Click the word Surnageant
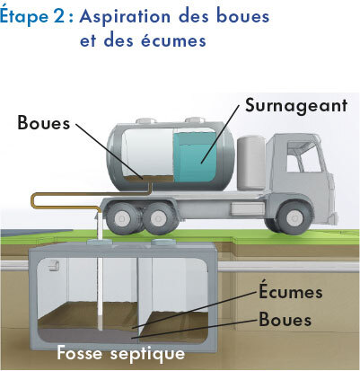(296, 105)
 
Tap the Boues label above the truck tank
(44, 122)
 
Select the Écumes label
(291, 292)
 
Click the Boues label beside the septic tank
(285, 319)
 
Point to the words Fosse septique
(121, 353)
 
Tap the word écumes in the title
(173, 40)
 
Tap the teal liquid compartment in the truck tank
(194, 157)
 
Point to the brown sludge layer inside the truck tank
(148, 179)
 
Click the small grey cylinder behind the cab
(251, 163)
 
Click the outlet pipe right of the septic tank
(288, 267)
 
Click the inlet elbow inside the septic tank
(55, 265)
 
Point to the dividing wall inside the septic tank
(145, 295)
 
